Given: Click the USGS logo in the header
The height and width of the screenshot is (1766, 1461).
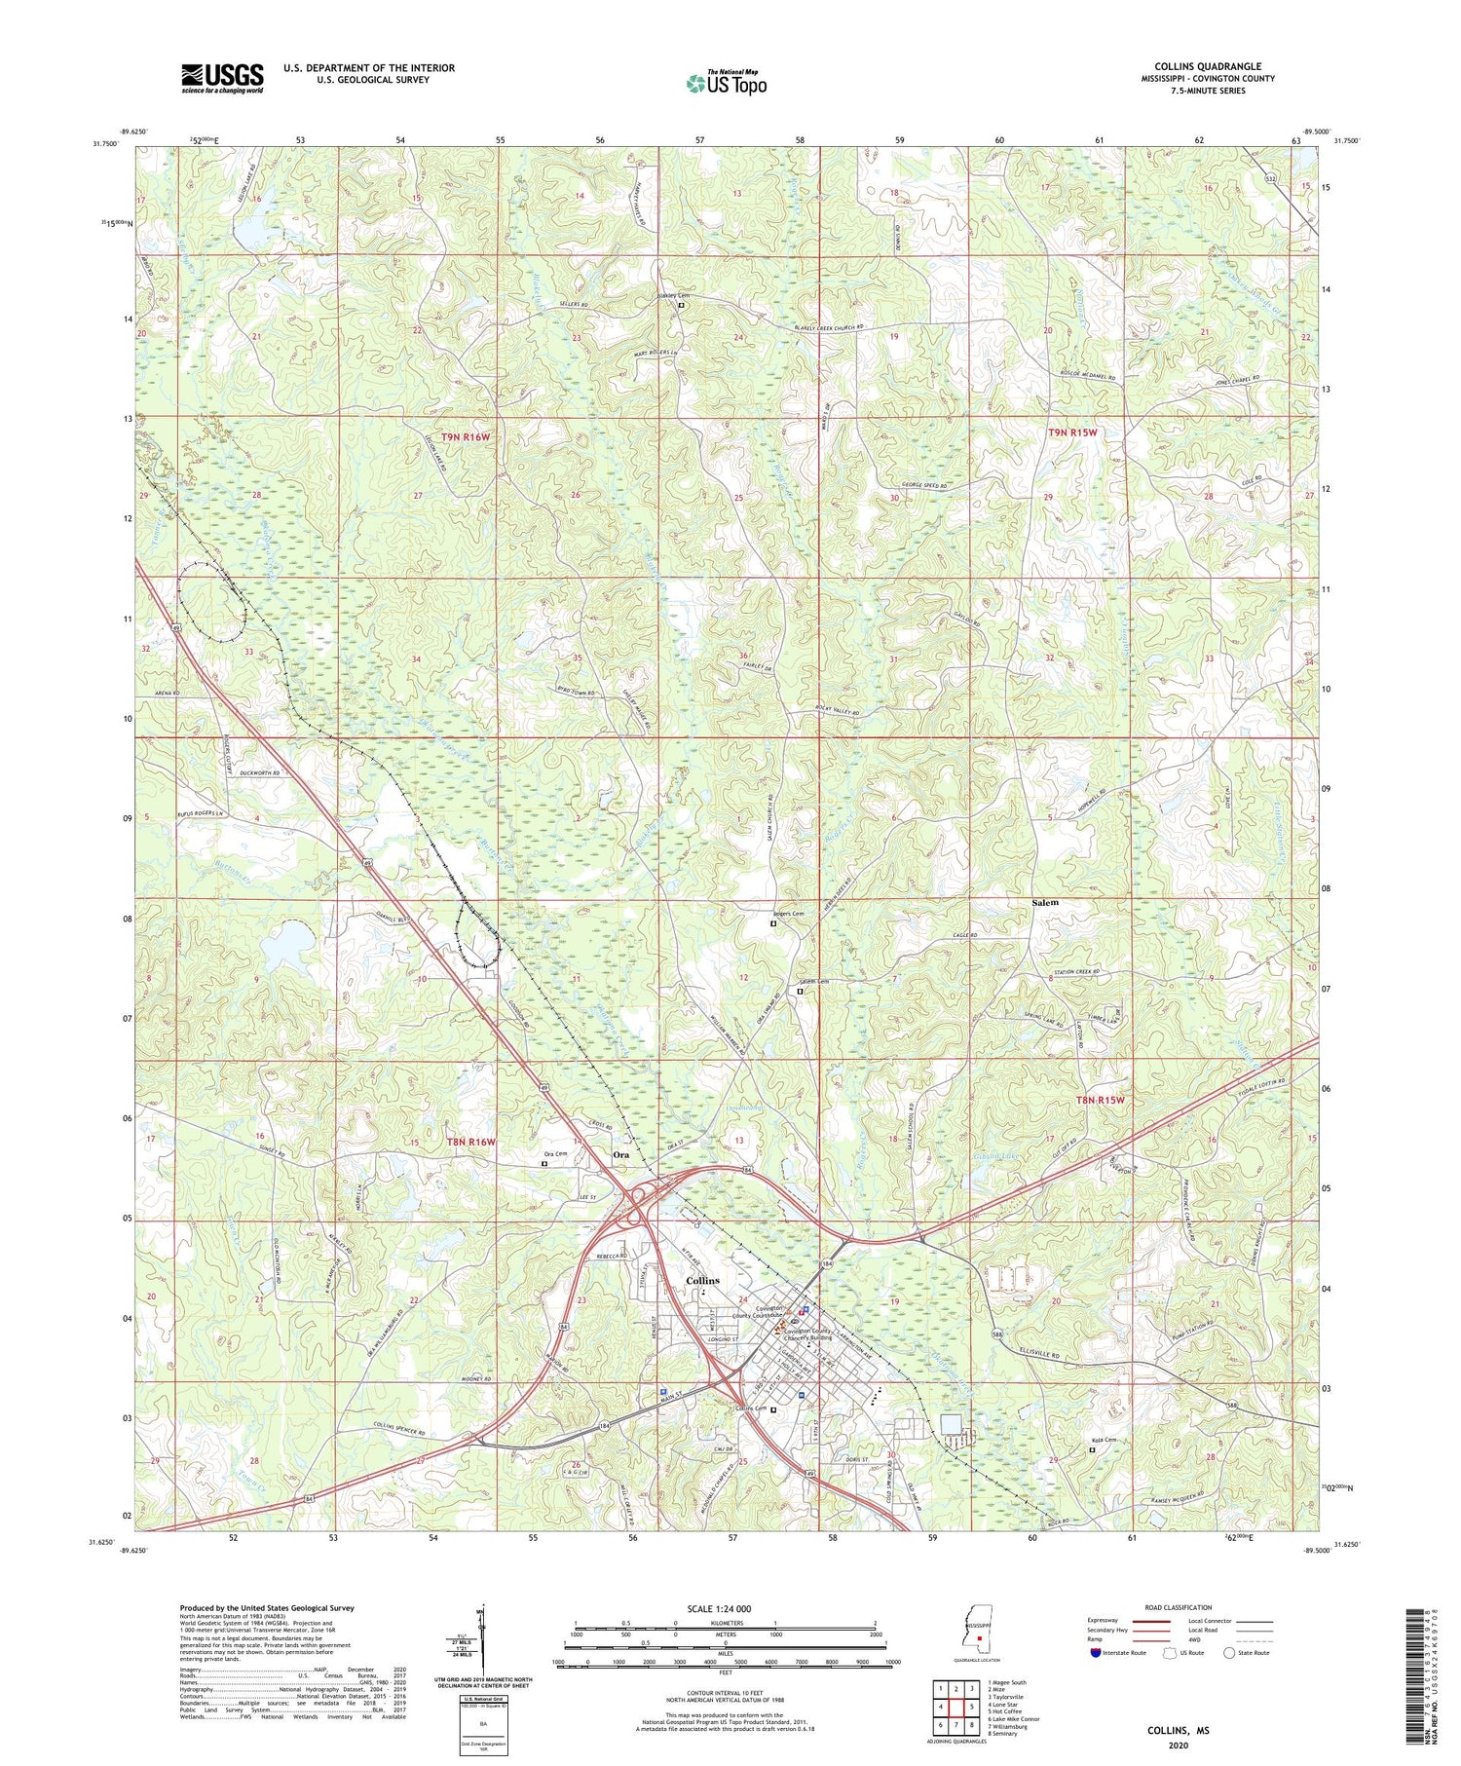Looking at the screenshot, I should pos(222,78).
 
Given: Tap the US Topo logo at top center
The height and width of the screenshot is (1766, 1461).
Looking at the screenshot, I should pos(726,83).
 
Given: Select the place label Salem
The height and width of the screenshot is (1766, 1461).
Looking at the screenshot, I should pos(1045,903).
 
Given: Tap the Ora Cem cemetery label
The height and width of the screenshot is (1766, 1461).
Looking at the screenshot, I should pos(555,1155).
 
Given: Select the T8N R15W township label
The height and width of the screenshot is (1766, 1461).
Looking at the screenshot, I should pos(1100,1100).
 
